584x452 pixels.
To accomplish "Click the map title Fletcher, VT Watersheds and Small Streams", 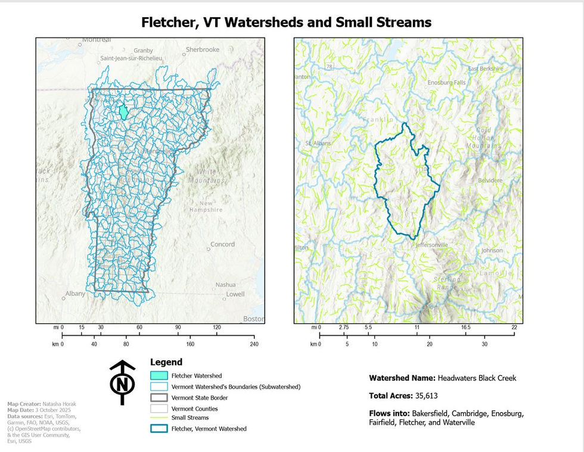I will (x=286, y=23).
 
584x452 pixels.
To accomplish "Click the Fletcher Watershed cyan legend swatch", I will (x=159, y=376).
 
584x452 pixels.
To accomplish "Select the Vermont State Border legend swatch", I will (x=159, y=397).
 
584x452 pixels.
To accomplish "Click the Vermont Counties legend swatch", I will (x=159, y=409).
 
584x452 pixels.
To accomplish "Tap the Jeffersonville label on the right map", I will (x=433, y=244).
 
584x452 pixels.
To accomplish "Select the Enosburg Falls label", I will (x=447, y=82).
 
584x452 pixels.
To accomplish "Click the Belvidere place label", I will (x=492, y=179).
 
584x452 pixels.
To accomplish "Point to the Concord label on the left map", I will (x=222, y=244).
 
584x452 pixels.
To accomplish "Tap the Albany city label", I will (x=76, y=294).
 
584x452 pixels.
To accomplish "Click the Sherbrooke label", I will (x=203, y=49).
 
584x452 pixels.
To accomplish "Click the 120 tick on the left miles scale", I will (x=217, y=328).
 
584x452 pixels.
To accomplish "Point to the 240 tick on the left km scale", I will (x=254, y=344).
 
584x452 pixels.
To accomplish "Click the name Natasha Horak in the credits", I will (x=60, y=404).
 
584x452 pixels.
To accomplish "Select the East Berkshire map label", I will (x=486, y=68).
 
